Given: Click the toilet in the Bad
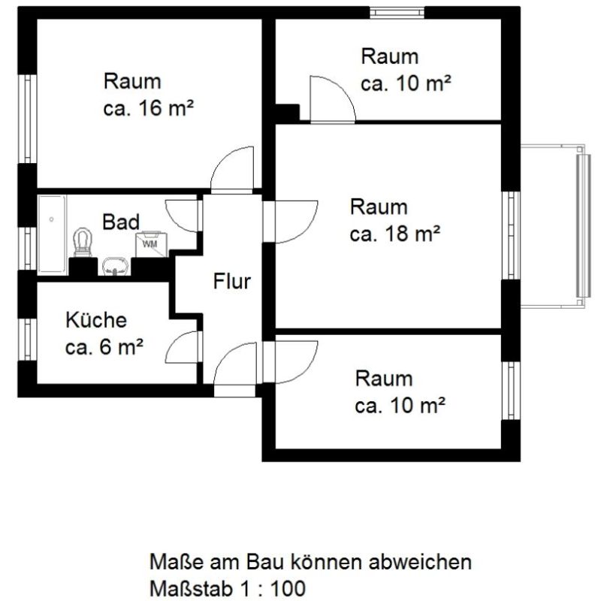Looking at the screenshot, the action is (83, 242).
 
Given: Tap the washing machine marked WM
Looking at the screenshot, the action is (152, 243).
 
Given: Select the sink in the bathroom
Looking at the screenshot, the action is (114, 266).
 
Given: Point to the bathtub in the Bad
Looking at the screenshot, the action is (52, 234).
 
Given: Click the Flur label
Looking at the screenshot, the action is (232, 281).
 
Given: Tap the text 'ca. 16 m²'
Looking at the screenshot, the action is (148, 107).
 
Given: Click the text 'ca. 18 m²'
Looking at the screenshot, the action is (395, 233).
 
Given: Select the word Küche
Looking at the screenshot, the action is (96, 320).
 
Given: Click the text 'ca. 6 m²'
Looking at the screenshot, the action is (104, 346).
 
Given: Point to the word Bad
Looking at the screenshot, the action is (121, 222).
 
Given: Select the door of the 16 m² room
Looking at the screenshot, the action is (232, 169).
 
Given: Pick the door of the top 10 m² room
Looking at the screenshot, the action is (333, 99).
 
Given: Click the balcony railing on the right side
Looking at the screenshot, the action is (584, 225).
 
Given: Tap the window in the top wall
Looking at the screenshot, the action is (397, 13).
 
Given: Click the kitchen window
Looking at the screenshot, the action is (28, 340).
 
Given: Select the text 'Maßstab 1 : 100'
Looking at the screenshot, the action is (228, 588).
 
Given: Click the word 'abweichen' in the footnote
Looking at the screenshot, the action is (420, 562).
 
